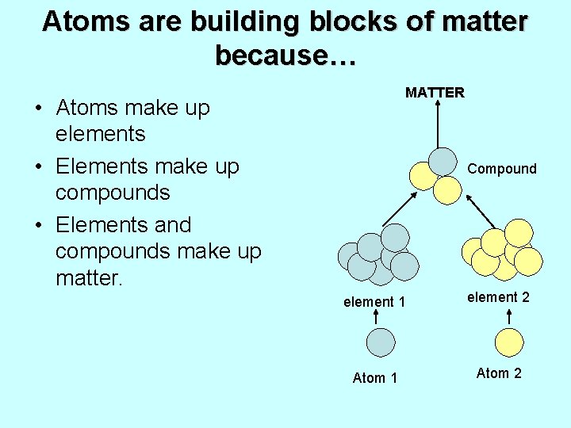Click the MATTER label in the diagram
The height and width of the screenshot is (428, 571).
[x=435, y=93]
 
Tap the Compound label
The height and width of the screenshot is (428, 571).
[x=502, y=169]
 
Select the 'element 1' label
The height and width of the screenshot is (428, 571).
[x=374, y=302]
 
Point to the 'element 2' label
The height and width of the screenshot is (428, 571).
[x=498, y=297]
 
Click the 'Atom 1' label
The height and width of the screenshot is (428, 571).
[x=374, y=378]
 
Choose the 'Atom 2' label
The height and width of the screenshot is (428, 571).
[x=499, y=373]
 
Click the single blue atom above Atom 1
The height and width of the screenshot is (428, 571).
[x=381, y=342]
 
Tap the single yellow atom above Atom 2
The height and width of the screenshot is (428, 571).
[x=508, y=342]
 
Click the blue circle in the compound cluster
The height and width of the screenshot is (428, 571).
[x=443, y=161]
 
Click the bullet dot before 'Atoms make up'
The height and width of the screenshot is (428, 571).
[x=38, y=109]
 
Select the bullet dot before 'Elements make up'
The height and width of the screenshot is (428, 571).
[x=38, y=167]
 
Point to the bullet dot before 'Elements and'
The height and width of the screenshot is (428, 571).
[x=38, y=226]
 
